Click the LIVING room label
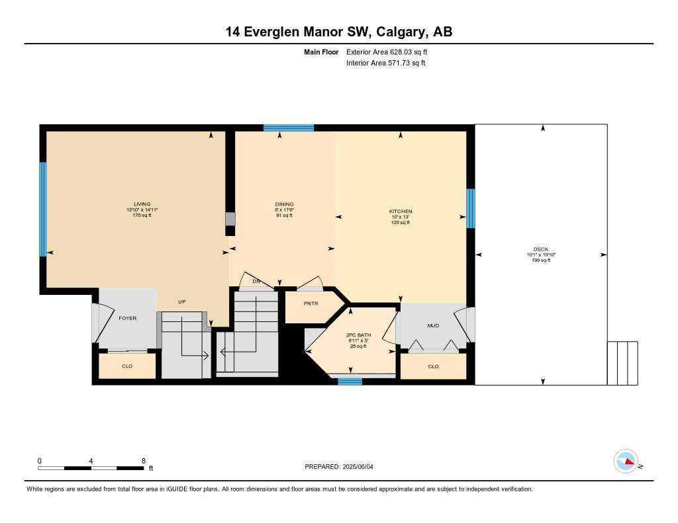point(142,204)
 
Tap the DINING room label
point(285,204)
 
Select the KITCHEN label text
point(401,212)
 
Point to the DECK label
point(540,249)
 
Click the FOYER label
point(127,318)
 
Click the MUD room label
point(433,325)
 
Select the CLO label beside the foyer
point(127,366)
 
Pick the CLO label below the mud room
point(433,366)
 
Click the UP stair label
point(181,302)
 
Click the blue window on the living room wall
point(43,209)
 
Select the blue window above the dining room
point(288,128)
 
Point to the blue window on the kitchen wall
point(471,208)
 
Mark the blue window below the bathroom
point(350,381)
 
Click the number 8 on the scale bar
point(143,460)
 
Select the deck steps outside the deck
point(622,362)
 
